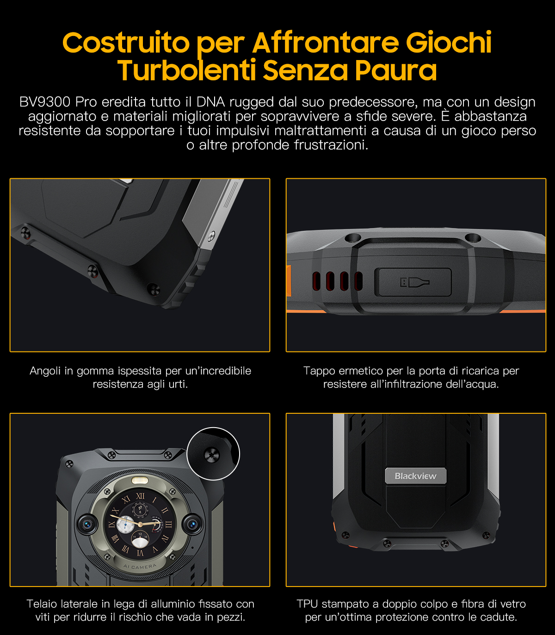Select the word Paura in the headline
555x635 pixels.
point(395,70)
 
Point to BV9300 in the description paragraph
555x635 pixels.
point(45,102)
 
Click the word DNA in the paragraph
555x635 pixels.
point(210,102)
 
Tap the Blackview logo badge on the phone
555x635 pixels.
point(415,476)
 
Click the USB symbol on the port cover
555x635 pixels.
point(414,282)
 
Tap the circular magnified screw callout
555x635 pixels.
point(213,454)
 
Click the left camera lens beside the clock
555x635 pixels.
point(87,525)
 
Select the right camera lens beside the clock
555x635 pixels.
point(192,525)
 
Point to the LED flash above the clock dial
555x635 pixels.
point(140,481)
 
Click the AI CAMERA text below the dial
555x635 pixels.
point(140,566)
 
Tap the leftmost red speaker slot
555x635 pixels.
point(316,282)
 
